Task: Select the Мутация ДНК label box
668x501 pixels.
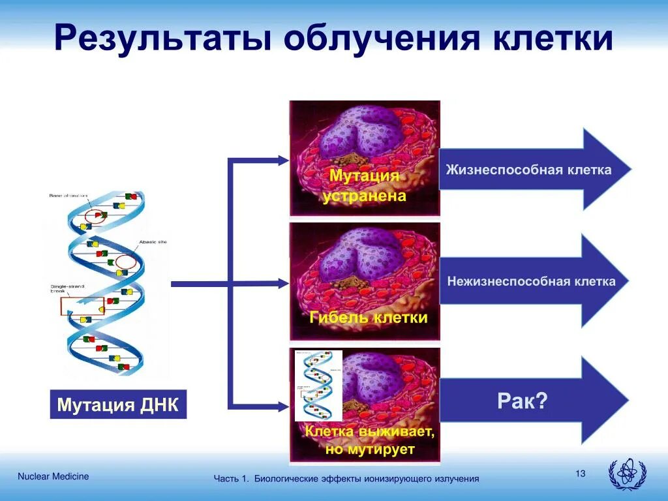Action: click(117, 404)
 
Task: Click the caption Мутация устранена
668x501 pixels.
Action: click(364, 186)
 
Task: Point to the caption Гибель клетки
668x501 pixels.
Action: click(369, 318)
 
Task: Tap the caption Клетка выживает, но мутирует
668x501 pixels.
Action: click(369, 440)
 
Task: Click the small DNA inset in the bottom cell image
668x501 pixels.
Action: click(318, 386)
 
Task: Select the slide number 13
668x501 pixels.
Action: click(581, 474)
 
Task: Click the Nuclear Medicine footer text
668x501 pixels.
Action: click(53, 476)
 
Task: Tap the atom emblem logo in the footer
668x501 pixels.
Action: click(626, 474)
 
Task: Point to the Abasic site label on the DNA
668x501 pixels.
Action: click(152, 243)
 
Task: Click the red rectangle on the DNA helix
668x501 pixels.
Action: click(82, 305)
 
